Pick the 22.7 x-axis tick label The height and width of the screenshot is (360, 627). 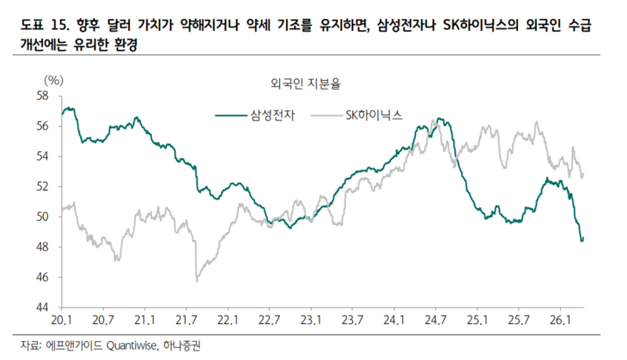(x=270, y=320)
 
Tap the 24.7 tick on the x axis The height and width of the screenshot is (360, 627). (x=436, y=320)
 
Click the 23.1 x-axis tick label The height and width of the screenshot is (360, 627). (x=312, y=320)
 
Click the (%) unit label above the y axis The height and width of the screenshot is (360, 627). (x=52, y=80)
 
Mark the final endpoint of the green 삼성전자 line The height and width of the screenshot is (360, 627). (x=582, y=240)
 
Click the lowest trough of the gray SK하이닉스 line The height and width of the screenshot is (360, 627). (x=197, y=280)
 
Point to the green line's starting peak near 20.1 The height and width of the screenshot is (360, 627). (x=67, y=109)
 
